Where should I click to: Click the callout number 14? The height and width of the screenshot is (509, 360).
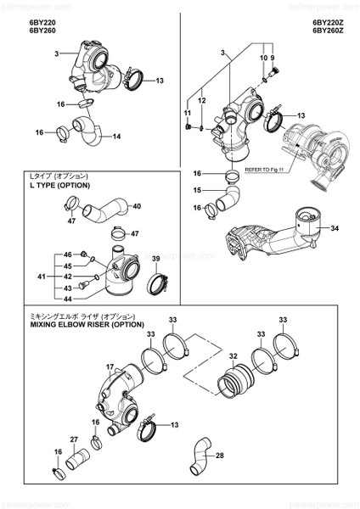pyautogui.click(x=117, y=136)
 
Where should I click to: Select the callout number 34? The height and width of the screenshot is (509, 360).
pyautogui.click(x=335, y=228)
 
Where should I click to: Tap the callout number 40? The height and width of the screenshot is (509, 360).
pyautogui.click(x=137, y=206)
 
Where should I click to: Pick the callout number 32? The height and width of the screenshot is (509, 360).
pyautogui.click(x=233, y=357)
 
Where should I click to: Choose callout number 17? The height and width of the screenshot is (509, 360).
pyautogui.click(x=110, y=367)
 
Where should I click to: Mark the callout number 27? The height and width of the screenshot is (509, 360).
pyautogui.click(x=73, y=439)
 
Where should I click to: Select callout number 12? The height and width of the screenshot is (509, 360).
pyautogui.click(x=203, y=101)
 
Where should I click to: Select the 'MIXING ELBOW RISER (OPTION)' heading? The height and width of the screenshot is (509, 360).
pyautogui.click(x=87, y=324)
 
